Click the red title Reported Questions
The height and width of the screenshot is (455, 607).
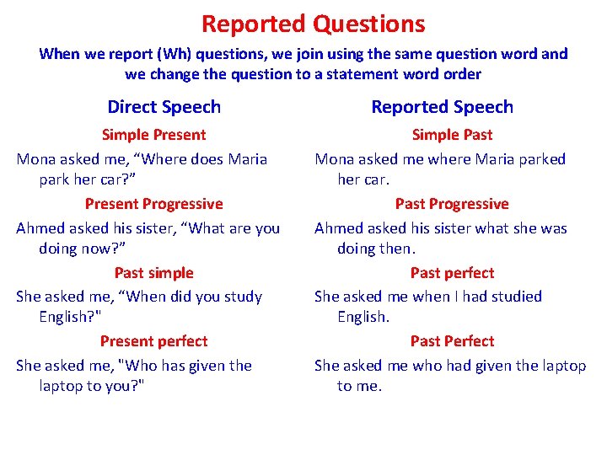(x=313, y=24)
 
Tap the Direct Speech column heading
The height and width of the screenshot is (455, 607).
(x=164, y=107)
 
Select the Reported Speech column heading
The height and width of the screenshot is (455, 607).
(x=442, y=107)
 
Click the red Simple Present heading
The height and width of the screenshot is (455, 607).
(x=153, y=135)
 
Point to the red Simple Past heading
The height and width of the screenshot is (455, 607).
(x=452, y=135)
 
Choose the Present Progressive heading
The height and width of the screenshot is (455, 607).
(x=153, y=204)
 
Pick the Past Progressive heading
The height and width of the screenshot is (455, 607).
(x=452, y=204)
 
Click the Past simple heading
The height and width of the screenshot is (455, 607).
(x=153, y=273)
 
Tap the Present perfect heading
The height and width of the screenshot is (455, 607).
(x=153, y=341)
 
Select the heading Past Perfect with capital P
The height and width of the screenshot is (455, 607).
(x=452, y=341)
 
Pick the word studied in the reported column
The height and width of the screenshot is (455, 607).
(x=514, y=297)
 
